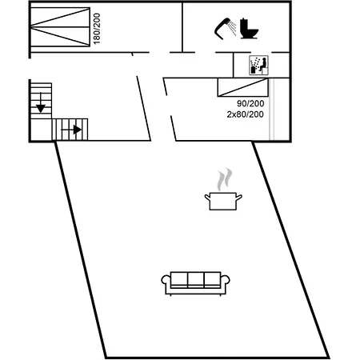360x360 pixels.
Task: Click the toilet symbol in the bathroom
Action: click(x=249, y=29)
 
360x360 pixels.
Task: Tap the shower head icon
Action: click(x=222, y=28)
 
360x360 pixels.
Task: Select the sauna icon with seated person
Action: click(x=258, y=66)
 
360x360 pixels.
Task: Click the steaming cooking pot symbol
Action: click(x=223, y=189)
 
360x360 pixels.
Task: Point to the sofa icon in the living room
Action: click(x=195, y=283)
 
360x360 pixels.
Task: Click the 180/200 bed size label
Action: click(x=97, y=29)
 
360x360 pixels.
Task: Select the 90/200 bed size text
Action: click(x=250, y=103)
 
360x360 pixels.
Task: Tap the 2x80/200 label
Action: click(x=245, y=114)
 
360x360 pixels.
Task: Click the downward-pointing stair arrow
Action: click(x=41, y=102)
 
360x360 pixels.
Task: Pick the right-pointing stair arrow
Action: click(x=71, y=130)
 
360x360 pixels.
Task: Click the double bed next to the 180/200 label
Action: click(x=60, y=27)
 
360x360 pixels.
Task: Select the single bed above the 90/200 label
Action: click(x=243, y=87)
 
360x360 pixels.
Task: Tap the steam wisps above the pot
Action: click(x=224, y=179)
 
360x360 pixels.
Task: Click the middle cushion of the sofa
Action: click(x=196, y=279)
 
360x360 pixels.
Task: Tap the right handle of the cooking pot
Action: click(x=239, y=198)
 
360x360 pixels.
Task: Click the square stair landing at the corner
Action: click(x=41, y=130)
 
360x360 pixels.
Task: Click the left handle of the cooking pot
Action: click(x=207, y=198)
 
